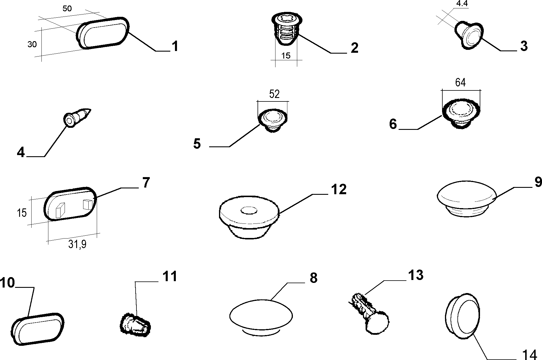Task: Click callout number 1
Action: [175, 46]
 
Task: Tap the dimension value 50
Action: [67, 8]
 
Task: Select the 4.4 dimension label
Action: [462, 3]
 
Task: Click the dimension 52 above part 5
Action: [274, 94]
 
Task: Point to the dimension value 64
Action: [460, 83]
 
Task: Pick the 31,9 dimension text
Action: [77, 245]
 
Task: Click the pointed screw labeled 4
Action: [77, 117]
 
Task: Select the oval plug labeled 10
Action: [38, 329]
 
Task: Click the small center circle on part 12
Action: [248, 210]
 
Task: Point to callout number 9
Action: [538, 182]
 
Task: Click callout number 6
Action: [393, 124]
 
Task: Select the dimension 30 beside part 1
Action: [32, 44]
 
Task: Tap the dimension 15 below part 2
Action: [286, 56]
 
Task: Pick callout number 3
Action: [524, 46]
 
